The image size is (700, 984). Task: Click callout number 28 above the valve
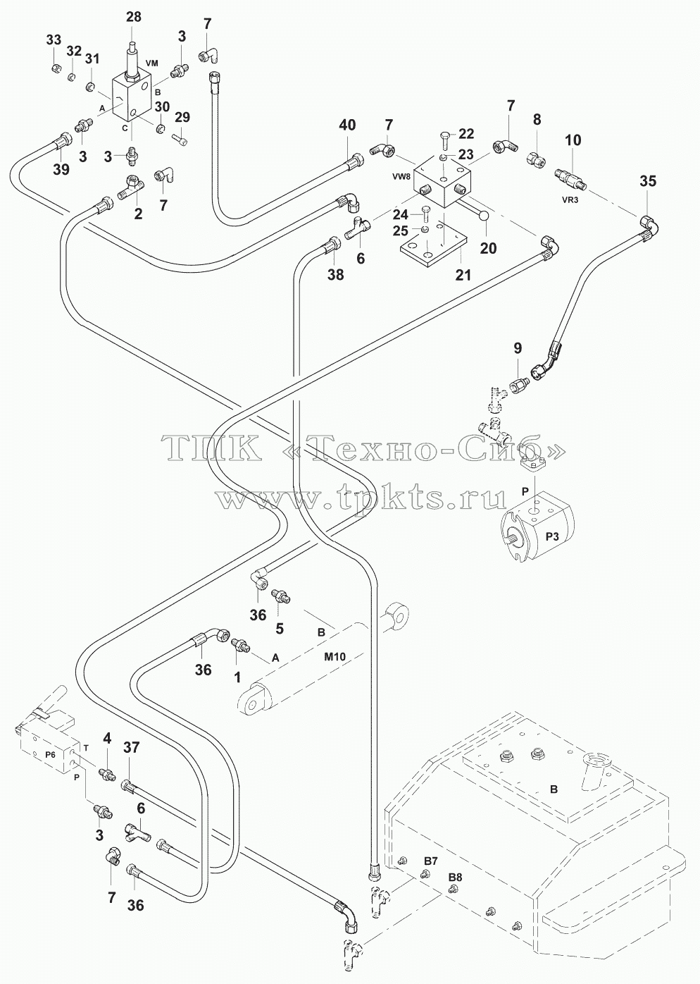click(134, 17)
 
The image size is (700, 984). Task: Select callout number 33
click(54, 40)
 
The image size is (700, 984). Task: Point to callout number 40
click(347, 125)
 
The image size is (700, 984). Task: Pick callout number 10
click(573, 140)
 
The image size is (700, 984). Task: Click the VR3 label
click(570, 200)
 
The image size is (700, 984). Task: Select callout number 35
click(648, 181)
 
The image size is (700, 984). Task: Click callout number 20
click(488, 248)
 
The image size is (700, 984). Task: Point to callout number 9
click(518, 348)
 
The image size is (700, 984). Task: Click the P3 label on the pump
click(552, 536)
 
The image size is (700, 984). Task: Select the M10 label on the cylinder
click(335, 669)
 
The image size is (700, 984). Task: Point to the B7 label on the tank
click(430, 861)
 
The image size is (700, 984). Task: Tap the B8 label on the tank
click(455, 878)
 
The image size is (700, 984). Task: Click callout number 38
click(336, 275)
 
